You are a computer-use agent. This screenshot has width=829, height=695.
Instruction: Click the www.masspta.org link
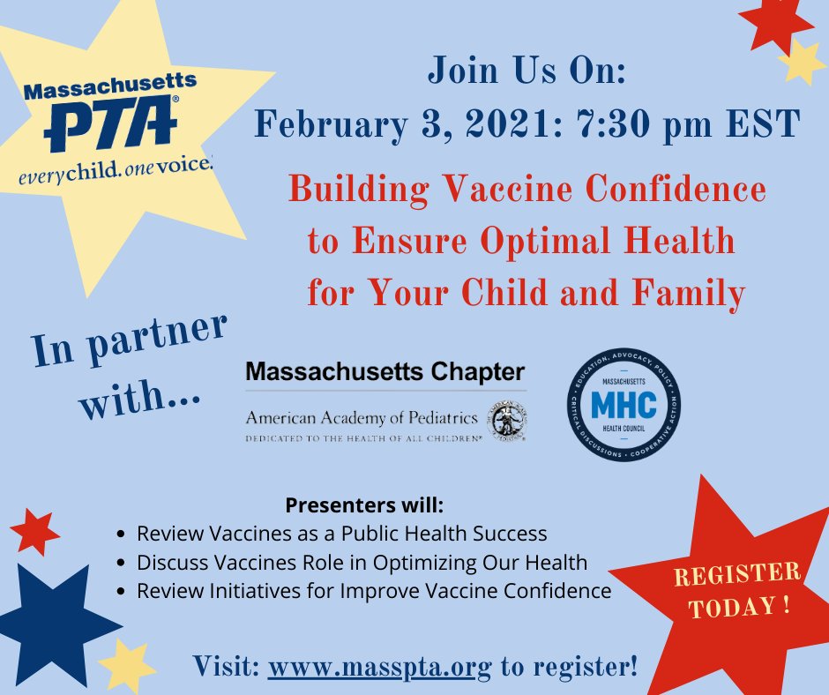point(378,666)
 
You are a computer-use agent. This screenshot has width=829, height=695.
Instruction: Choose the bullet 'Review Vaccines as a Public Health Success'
point(342,534)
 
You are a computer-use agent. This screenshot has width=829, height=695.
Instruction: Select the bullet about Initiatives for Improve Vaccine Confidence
point(374,591)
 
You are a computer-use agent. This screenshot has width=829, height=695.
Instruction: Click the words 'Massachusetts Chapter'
point(385,371)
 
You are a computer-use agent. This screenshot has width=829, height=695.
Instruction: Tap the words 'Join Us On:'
point(527,73)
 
